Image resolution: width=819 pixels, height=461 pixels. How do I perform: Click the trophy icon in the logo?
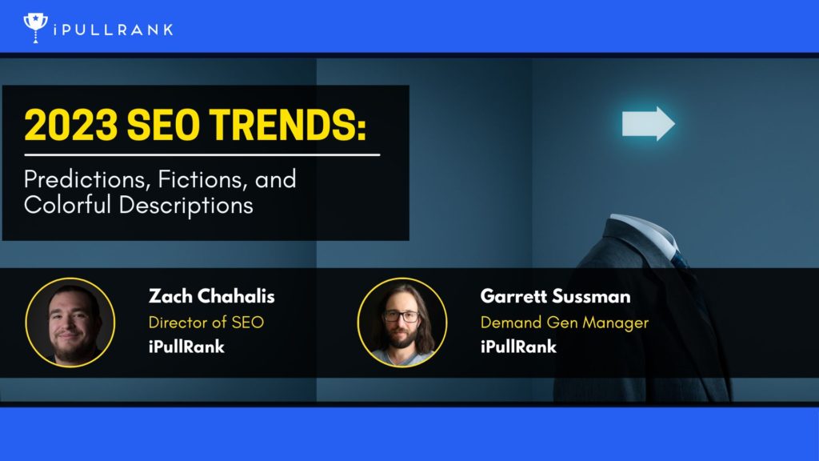pyautogui.click(x=35, y=28)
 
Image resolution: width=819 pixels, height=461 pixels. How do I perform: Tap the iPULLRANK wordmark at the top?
pyautogui.click(x=114, y=30)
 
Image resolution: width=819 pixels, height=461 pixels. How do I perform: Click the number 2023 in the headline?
pyautogui.click(x=71, y=125)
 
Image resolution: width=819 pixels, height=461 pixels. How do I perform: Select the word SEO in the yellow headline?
pyautogui.click(x=163, y=125)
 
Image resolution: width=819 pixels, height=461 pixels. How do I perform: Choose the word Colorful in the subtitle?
pyautogui.click(x=67, y=204)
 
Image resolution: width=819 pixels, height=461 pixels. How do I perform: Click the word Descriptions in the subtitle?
pyautogui.click(x=186, y=206)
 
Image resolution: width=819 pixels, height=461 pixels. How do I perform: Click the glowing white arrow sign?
pyautogui.click(x=648, y=123)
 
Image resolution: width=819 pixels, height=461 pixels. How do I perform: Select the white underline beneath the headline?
pyautogui.click(x=202, y=154)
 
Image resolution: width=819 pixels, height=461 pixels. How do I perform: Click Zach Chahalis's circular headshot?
pyautogui.click(x=70, y=323)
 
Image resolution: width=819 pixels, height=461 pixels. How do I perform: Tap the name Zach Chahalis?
pyautogui.click(x=211, y=296)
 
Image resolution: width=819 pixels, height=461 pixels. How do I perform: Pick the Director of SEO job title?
pyautogui.click(x=206, y=322)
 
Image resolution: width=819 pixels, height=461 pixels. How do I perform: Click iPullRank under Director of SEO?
pyautogui.click(x=186, y=347)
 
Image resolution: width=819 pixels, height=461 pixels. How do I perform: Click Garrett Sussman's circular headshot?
pyautogui.click(x=402, y=323)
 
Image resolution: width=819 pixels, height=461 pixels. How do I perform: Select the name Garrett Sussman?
pyautogui.click(x=555, y=296)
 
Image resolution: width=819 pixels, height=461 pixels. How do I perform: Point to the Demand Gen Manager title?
pyautogui.click(x=565, y=323)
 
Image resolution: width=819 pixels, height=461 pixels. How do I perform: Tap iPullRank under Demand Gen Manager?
pyautogui.click(x=518, y=347)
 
